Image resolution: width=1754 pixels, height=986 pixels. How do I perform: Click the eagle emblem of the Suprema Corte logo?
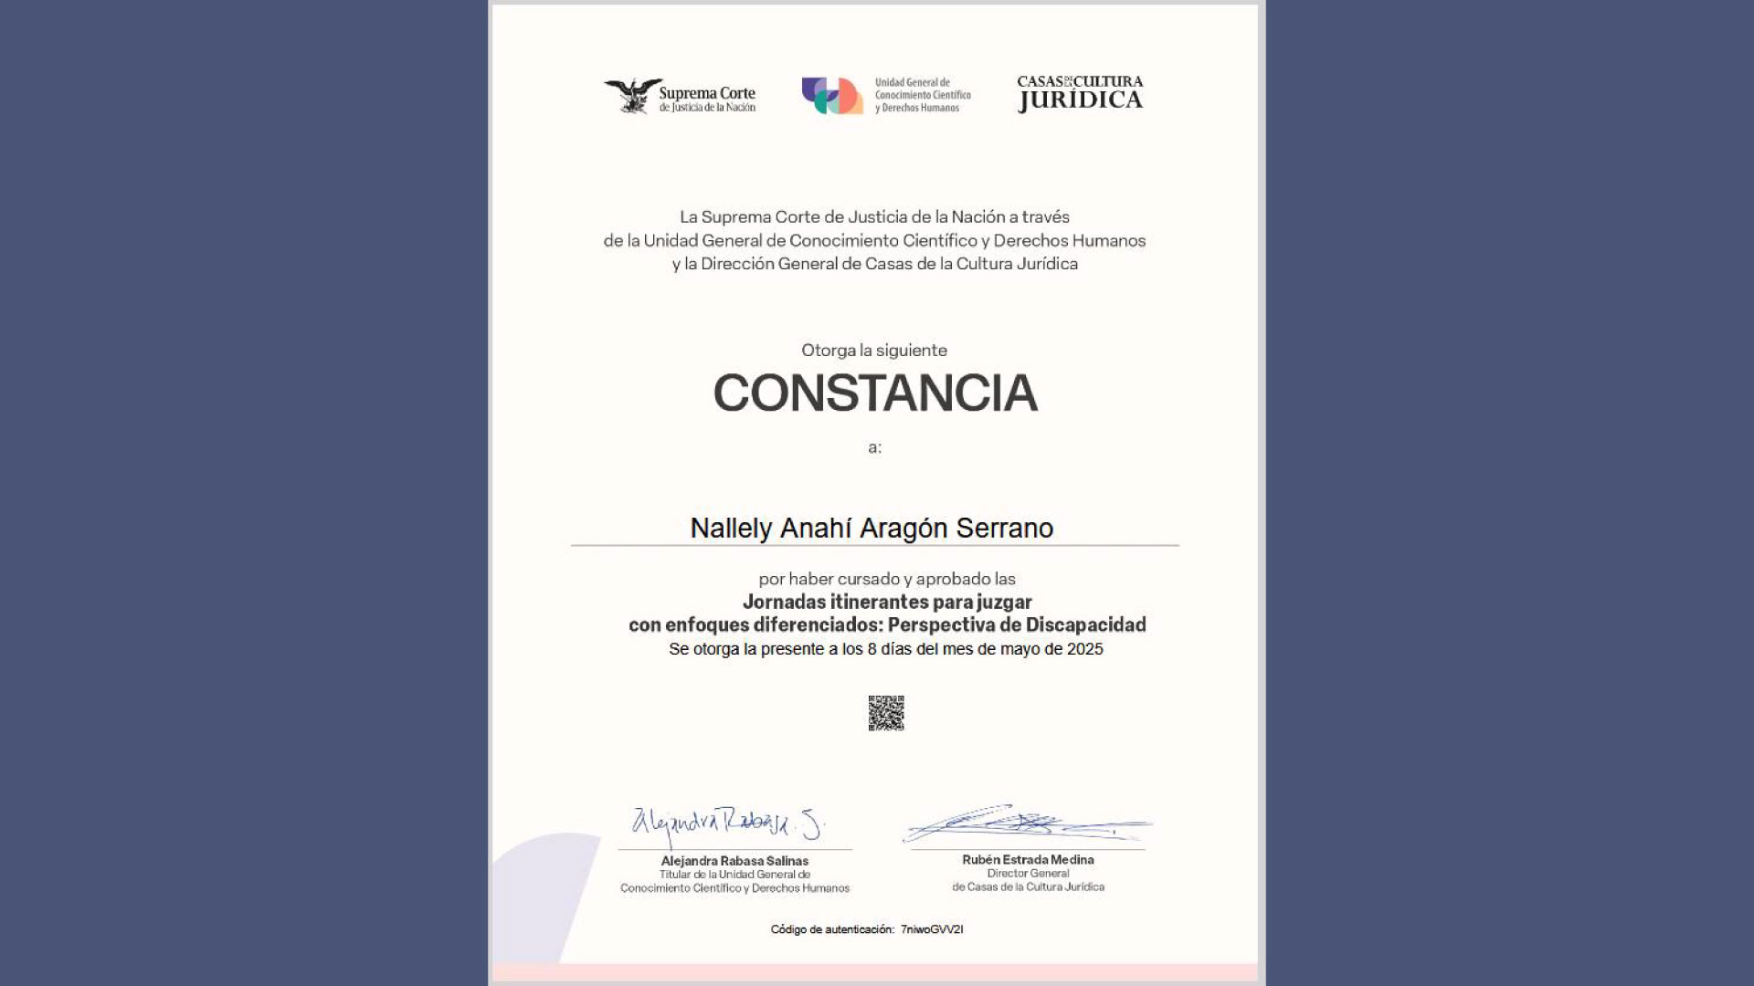[x=632, y=95]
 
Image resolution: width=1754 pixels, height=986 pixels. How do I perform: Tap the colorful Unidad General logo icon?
[x=832, y=95]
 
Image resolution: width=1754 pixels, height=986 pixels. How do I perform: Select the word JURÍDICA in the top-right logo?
[x=1081, y=101]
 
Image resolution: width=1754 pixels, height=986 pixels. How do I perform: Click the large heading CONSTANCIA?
[x=875, y=393]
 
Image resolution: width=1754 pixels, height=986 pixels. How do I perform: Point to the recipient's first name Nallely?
[x=731, y=529]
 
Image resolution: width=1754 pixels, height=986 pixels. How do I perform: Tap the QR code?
[x=886, y=713]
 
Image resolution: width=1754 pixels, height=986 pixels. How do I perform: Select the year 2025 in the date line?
[x=1084, y=649]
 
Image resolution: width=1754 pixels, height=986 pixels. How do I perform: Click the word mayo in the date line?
[x=1020, y=649]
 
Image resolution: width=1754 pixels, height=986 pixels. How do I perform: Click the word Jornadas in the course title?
[x=783, y=602]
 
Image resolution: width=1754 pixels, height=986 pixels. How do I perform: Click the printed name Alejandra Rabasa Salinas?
[x=734, y=861]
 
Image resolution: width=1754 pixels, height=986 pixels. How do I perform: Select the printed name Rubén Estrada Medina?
[x=1028, y=860]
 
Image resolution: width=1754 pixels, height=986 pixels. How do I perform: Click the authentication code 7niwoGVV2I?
[x=932, y=929]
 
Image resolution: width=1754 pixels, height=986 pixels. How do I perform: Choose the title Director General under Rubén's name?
[x=1028, y=874]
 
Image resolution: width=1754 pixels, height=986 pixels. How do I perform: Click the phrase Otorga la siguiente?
[x=874, y=351]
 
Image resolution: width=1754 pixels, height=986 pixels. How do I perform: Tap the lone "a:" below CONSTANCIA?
[x=874, y=447]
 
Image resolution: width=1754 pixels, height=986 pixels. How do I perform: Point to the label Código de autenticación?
[x=831, y=929]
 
